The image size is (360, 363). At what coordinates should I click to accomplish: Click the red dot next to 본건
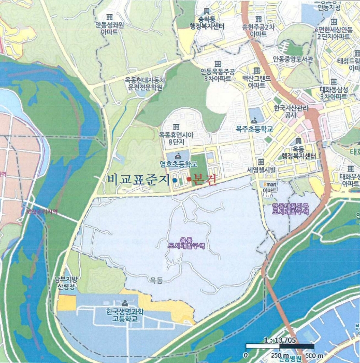click(189, 179)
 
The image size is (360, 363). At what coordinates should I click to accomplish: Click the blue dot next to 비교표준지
click(175, 180)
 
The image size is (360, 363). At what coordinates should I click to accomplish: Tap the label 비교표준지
click(138, 179)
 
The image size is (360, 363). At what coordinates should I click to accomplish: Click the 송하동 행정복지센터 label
click(207, 24)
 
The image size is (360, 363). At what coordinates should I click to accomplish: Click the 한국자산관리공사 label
click(286, 112)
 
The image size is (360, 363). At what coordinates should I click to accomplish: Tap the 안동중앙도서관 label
click(293, 59)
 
